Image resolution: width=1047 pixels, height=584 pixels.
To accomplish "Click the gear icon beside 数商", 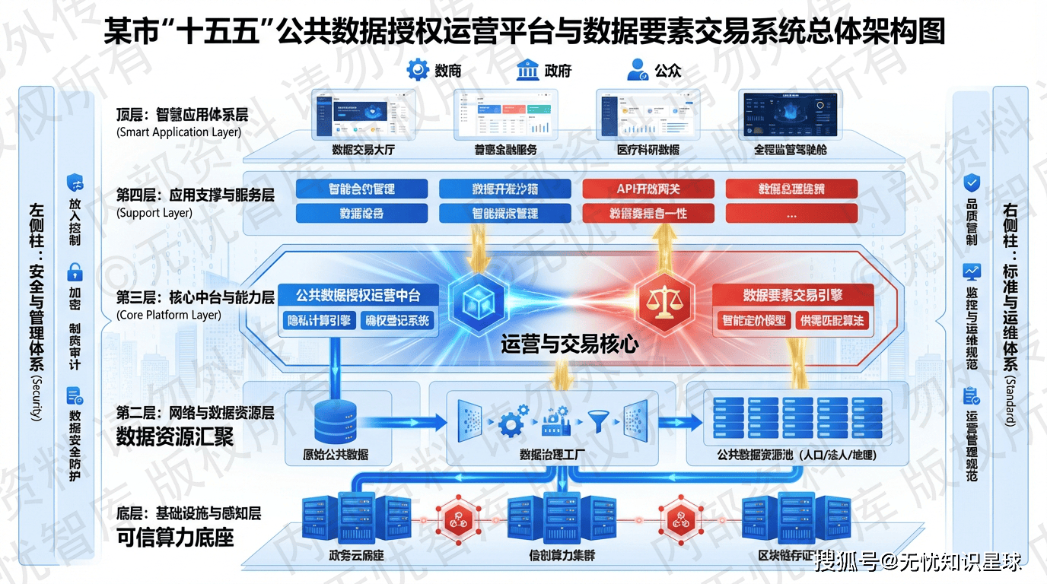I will (418, 70).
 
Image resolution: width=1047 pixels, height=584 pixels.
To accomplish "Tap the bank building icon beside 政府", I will (527, 70).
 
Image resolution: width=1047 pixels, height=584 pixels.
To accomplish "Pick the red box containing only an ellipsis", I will (791, 214).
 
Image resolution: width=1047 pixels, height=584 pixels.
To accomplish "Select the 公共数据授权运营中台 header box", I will (358, 295).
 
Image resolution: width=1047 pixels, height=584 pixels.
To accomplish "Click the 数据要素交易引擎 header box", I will (792, 295).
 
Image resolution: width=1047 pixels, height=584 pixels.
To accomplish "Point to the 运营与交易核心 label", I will (569, 344).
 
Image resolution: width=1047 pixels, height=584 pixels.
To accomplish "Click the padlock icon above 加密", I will (75, 271).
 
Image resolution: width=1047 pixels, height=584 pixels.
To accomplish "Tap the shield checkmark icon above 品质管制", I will (972, 182).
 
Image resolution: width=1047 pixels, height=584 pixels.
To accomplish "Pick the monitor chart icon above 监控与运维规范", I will (972, 271).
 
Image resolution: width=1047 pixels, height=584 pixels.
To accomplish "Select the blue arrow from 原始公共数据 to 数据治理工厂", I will (411, 421).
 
